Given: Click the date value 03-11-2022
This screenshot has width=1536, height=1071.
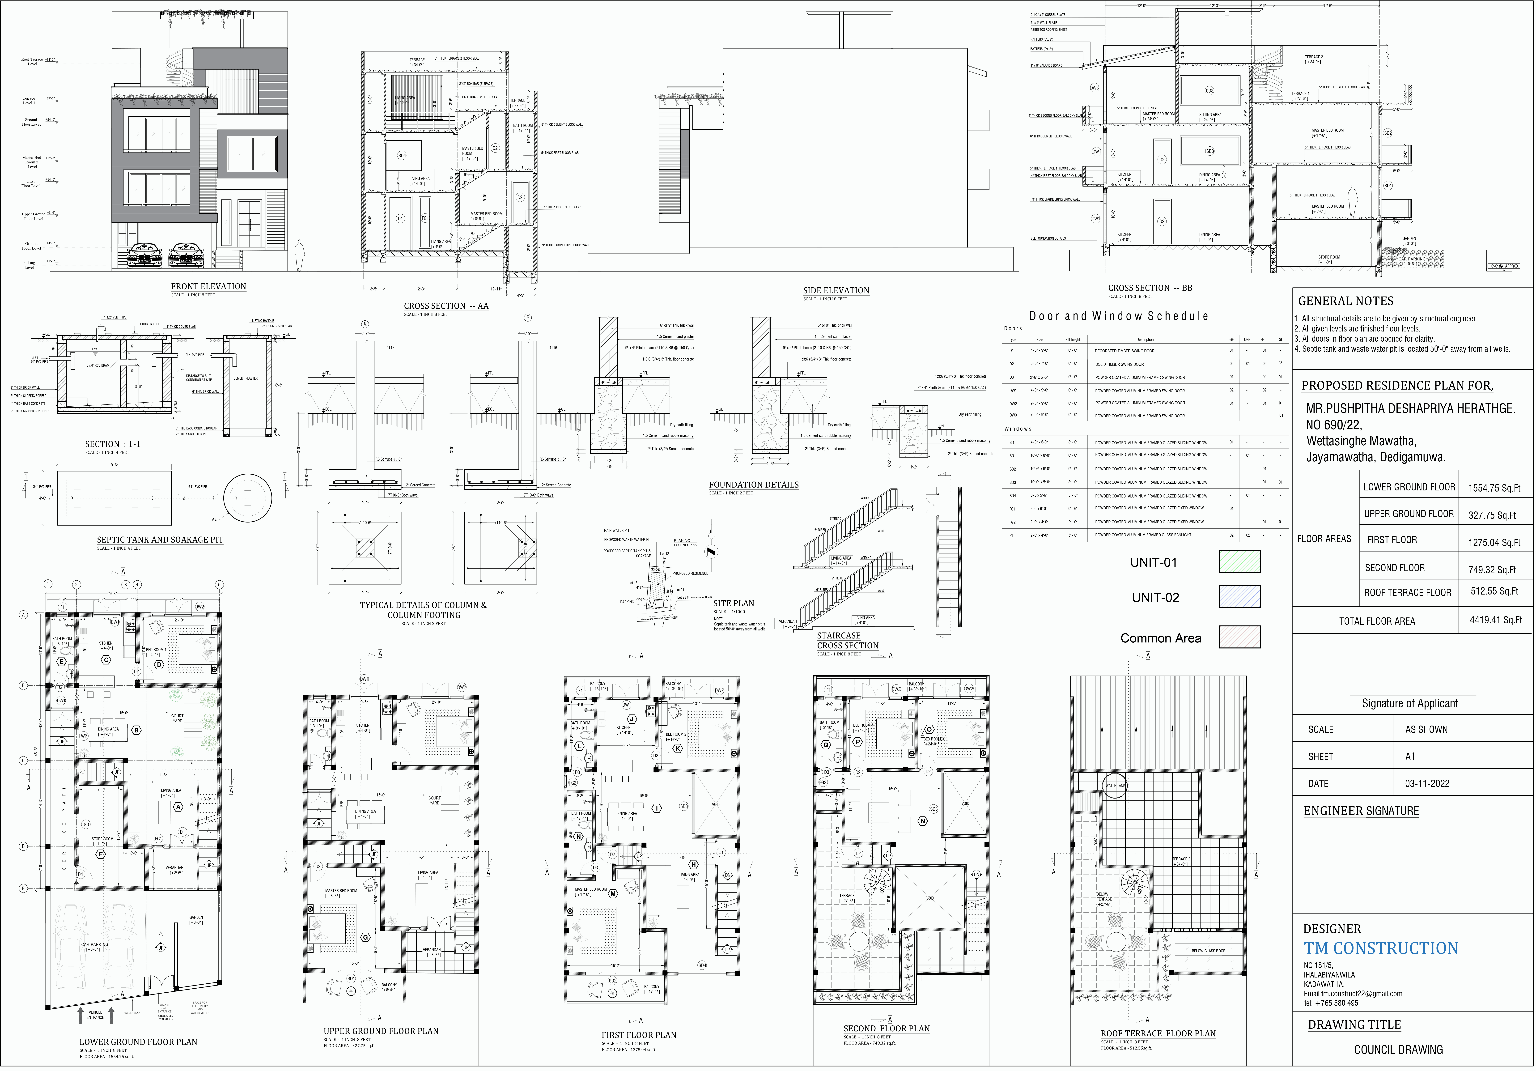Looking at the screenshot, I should [1427, 783].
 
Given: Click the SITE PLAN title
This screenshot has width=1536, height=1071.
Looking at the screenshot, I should [733, 603].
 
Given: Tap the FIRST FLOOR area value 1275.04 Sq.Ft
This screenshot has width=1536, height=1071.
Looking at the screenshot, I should [1494, 543].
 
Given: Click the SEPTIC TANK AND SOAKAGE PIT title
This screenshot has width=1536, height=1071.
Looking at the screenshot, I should [160, 540].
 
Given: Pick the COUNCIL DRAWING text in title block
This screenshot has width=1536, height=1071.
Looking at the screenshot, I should [1398, 1050].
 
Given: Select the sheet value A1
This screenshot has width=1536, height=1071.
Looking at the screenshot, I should [1410, 757].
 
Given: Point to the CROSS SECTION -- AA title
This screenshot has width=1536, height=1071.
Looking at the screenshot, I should [446, 306].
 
